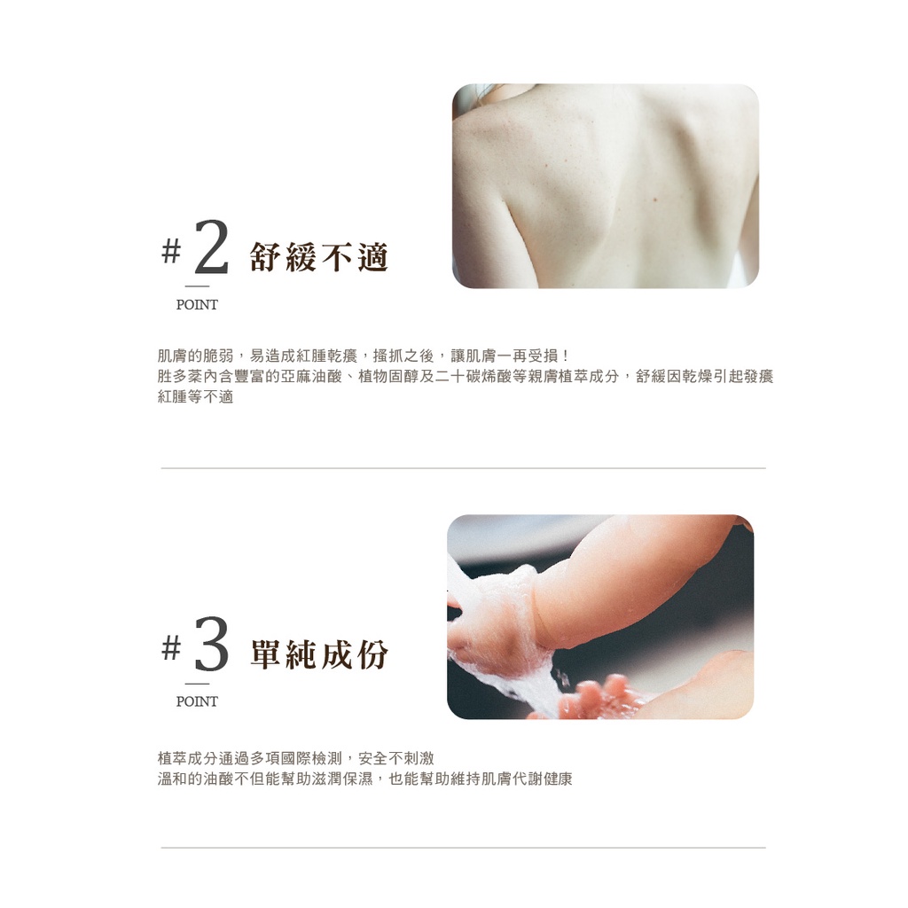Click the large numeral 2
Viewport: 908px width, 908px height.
[211, 247]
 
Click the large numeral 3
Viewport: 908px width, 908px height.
[211, 644]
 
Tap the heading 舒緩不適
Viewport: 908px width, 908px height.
[319, 257]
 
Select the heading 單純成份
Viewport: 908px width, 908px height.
[319, 654]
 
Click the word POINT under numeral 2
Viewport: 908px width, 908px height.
[197, 305]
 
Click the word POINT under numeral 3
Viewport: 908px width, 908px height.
[197, 701]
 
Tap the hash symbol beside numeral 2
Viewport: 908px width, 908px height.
[171, 251]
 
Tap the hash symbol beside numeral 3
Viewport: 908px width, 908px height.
[171, 648]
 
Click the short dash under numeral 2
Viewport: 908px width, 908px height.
[197, 286]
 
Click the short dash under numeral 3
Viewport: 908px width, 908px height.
[197, 684]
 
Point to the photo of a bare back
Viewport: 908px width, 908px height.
[605, 186]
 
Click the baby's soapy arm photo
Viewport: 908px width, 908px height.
[600, 617]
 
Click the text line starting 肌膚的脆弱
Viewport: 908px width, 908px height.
[363, 356]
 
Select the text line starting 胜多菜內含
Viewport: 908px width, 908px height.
[466, 376]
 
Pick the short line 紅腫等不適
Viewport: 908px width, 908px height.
[195, 397]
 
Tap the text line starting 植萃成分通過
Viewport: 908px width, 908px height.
[296, 758]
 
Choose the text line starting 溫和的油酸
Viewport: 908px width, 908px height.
[364, 779]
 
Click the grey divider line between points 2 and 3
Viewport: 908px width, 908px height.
[463, 468]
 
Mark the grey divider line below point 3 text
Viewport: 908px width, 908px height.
[463, 848]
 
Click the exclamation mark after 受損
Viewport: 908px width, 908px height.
[565, 356]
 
